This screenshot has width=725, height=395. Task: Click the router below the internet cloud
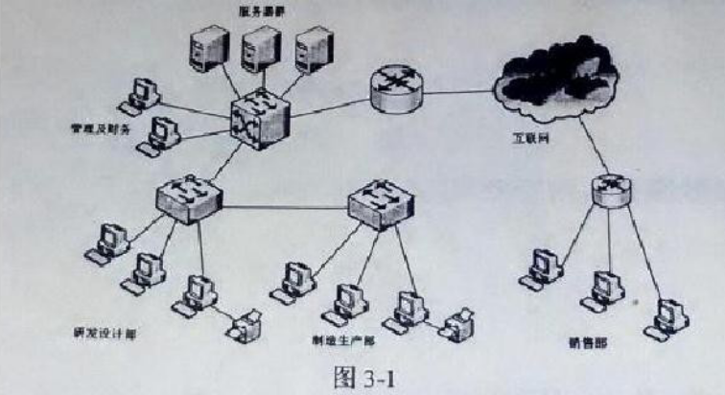pyautogui.click(x=612, y=188)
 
